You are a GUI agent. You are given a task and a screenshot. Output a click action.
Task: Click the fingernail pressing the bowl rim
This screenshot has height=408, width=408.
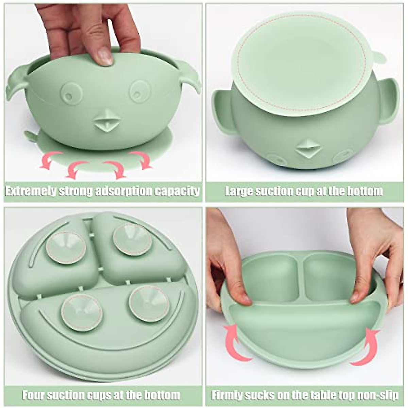coord(104,56)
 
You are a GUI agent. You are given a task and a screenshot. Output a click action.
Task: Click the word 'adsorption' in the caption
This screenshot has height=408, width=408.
coord(123,191)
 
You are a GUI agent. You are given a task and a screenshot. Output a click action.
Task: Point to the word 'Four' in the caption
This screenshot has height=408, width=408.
coord(34,395)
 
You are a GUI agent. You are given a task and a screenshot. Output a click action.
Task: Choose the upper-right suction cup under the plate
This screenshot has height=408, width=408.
coord(132,239)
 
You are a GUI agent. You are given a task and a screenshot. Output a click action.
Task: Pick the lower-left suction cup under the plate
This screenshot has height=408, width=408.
coord(82,312)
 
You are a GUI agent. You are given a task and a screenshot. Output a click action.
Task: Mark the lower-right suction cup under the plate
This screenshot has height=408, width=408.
coord(149,303)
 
